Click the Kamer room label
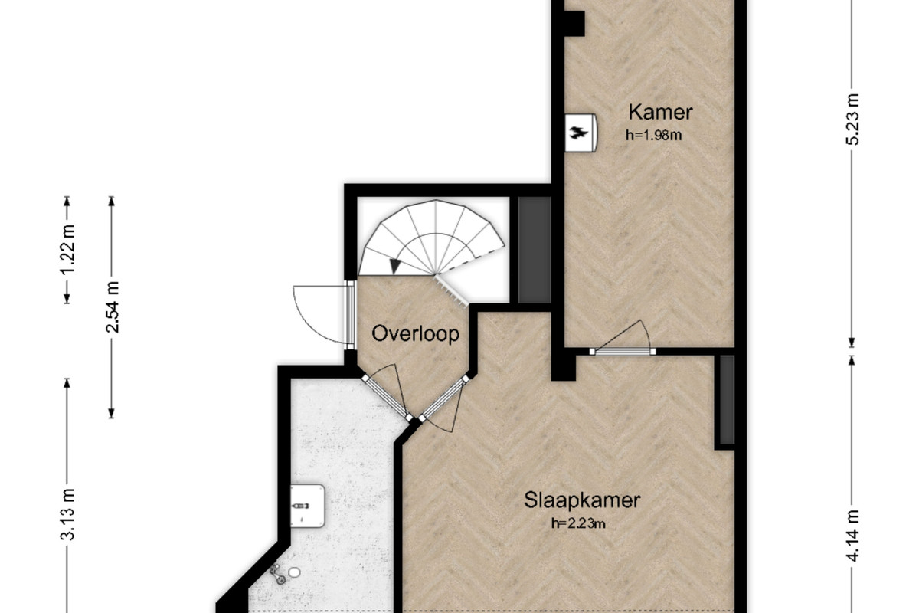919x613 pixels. point(660,112)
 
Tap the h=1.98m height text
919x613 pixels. point(653,135)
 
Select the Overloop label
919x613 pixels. point(415,333)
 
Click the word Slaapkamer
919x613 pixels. point(582,500)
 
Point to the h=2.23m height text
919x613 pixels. point(578,523)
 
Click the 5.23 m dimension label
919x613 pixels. point(852,119)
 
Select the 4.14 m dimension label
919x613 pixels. point(852,536)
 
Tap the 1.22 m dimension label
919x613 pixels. point(67,249)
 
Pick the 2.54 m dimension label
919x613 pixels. point(112,306)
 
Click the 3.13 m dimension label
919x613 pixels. point(67,514)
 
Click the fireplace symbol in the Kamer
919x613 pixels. point(581,133)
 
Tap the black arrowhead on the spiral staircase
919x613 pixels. point(394,266)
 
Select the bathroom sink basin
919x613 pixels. point(307,506)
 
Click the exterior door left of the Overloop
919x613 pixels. point(324,314)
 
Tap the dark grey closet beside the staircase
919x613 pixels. point(535,250)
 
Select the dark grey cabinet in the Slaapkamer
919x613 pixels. point(727,400)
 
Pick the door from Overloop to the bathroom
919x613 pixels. point(384,391)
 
